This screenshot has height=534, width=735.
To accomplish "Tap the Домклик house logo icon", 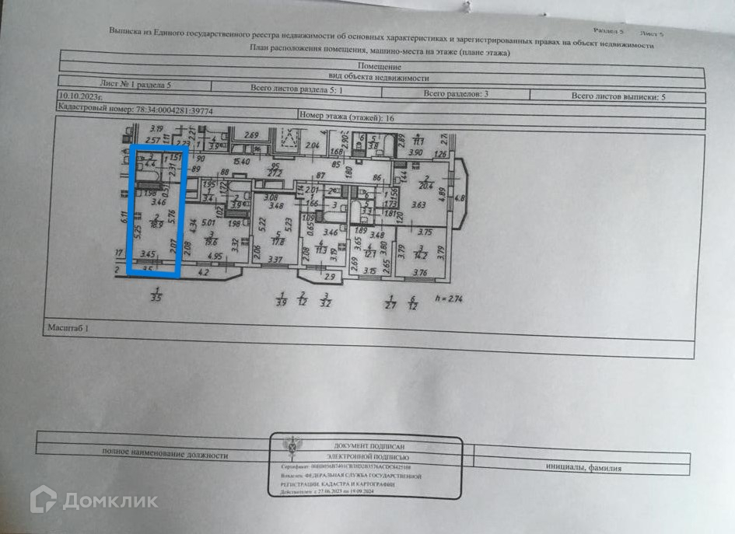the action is coord(43,499).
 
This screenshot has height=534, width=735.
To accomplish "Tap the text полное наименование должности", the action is coord(165,455).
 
